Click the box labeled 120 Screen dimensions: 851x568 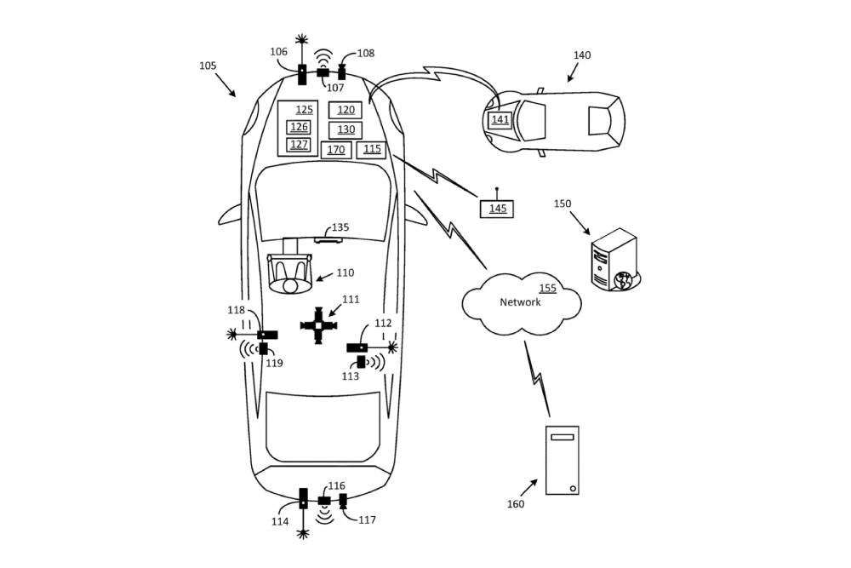(346, 110)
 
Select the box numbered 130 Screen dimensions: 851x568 (346, 129)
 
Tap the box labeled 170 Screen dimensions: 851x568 (336, 150)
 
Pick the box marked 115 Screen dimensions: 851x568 (371, 149)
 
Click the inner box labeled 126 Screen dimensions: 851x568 (299, 127)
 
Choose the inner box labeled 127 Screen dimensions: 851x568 (299, 145)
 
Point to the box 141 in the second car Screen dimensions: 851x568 (500, 120)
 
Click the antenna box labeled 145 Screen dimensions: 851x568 (497, 209)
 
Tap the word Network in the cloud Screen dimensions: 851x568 (520, 302)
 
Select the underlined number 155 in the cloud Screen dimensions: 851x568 (547, 288)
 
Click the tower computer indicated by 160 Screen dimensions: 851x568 (562, 461)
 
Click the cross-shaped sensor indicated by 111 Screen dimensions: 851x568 (318, 325)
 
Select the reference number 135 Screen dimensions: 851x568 (340, 227)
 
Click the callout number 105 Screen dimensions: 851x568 (208, 66)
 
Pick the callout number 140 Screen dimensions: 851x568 (582, 55)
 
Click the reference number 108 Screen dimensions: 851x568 (366, 53)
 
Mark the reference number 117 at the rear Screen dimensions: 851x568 (367, 520)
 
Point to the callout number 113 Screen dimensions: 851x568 (350, 376)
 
